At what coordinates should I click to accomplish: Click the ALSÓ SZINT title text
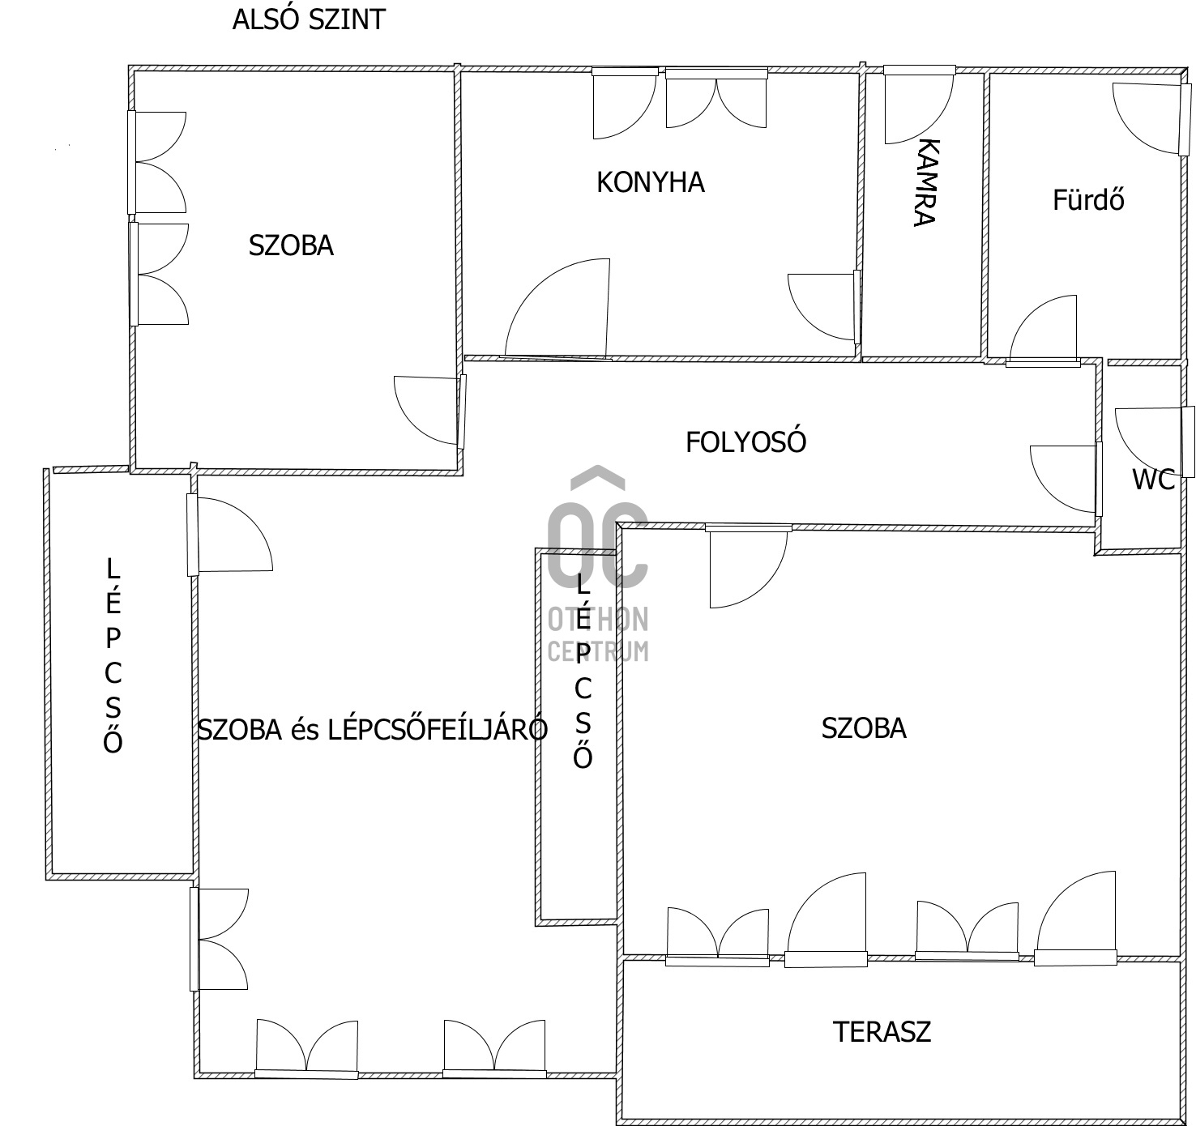[x=309, y=20]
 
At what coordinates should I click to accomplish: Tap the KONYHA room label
[x=651, y=182]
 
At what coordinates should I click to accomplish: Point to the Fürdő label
[x=1088, y=199]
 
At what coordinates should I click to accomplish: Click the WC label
[x=1153, y=480]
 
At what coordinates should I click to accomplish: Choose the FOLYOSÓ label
[x=745, y=442]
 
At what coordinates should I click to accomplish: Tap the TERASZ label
[x=882, y=1031]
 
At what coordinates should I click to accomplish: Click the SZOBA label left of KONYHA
[x=291, y=245]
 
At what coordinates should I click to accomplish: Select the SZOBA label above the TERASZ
[x=864, y=728]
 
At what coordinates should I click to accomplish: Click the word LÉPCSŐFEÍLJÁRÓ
[x=438, y=729]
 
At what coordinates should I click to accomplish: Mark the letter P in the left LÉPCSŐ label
[x=113, y=638]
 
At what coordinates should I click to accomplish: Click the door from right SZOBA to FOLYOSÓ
[x=749, y=566]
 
